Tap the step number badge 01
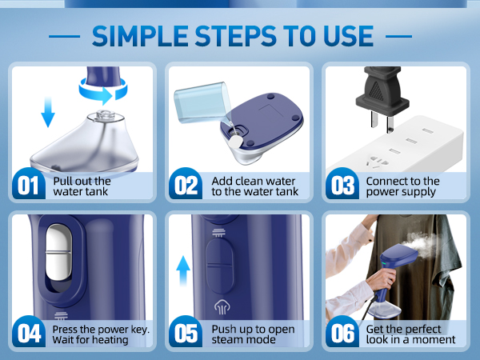point(28,186)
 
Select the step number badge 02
point(186,186)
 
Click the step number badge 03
point(343,186)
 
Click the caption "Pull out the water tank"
point(82,186)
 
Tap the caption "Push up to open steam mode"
point(253,334)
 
